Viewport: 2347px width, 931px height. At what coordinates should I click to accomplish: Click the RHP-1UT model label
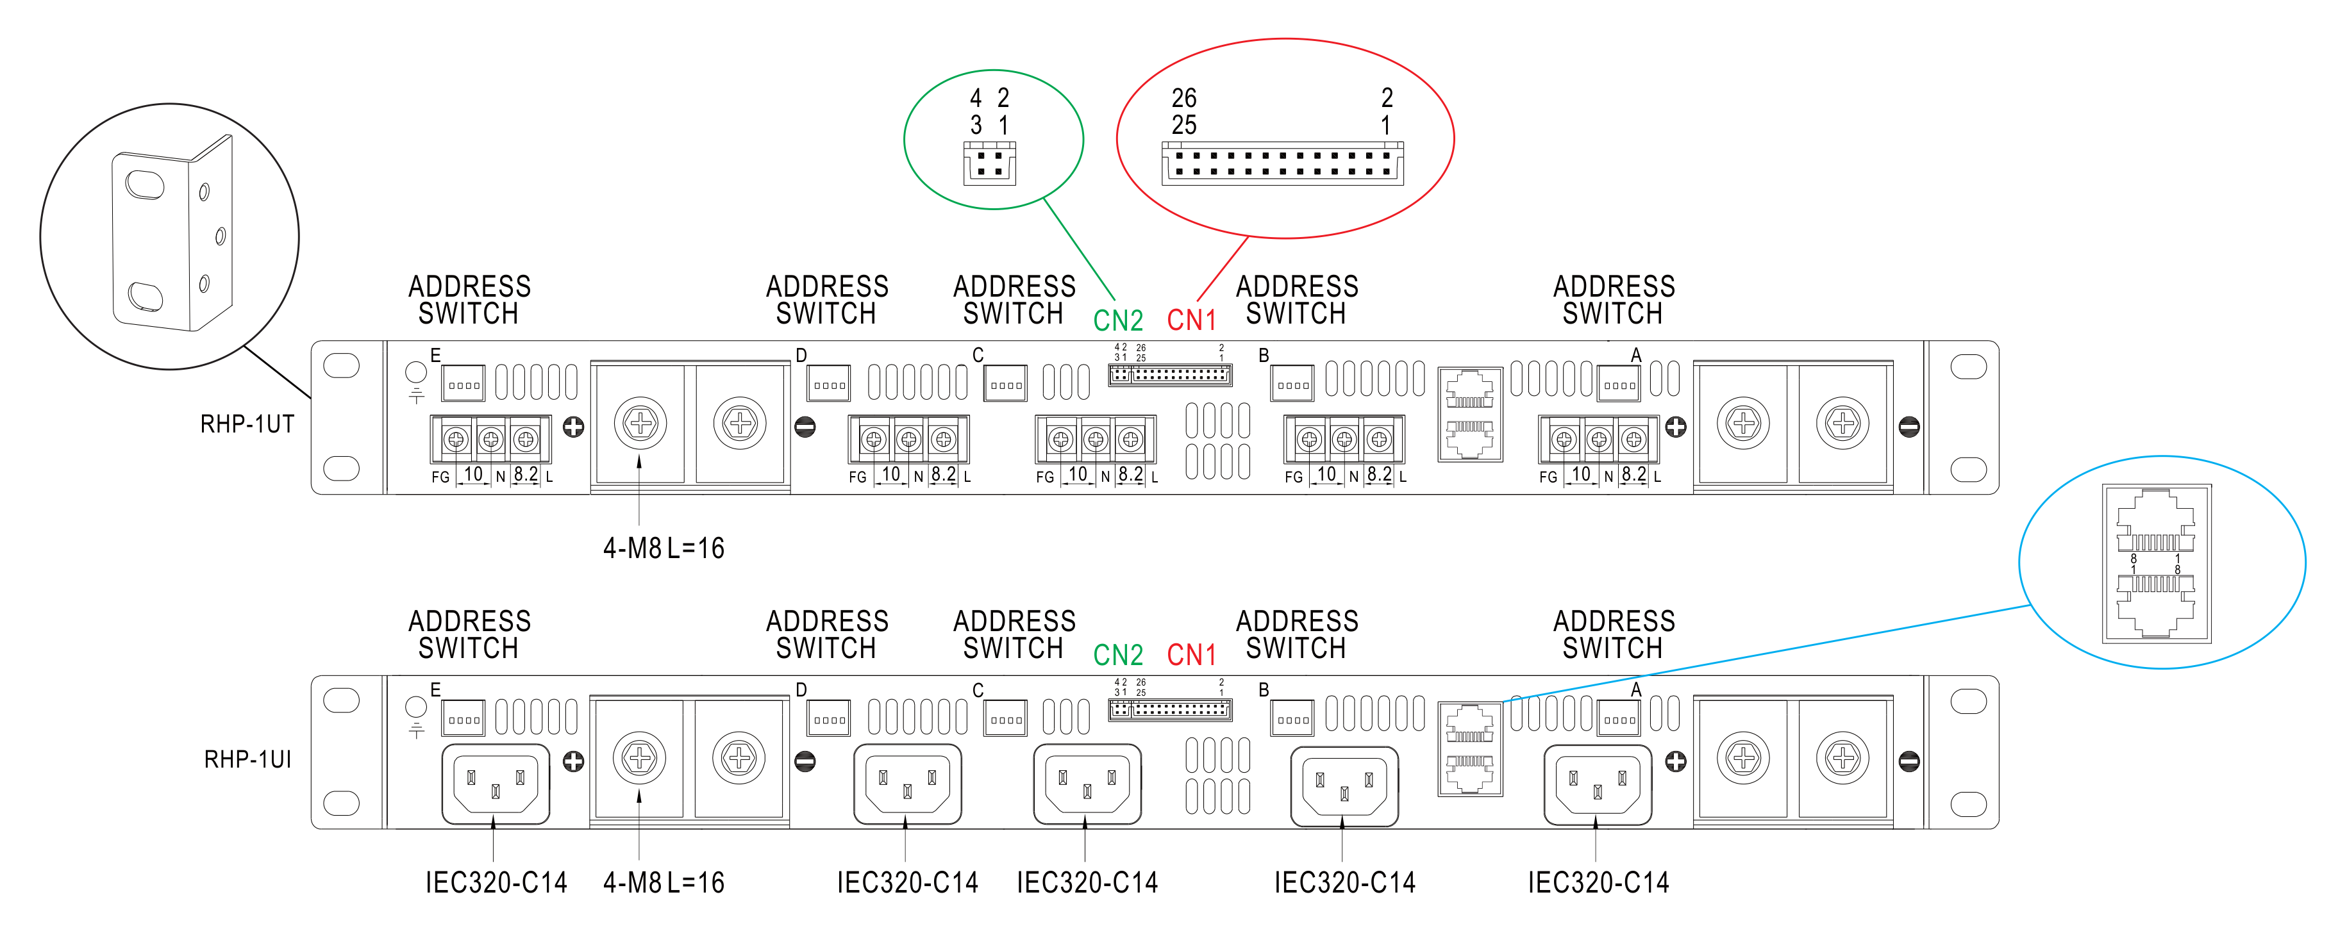pos(247,425)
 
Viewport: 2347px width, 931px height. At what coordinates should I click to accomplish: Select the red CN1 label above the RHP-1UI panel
pos(1191,655)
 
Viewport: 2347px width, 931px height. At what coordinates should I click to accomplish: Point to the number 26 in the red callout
pos(1183,97)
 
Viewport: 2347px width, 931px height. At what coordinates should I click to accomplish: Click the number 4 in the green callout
pos(976,97)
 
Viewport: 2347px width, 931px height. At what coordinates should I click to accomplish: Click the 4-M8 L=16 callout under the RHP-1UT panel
pos(664,548)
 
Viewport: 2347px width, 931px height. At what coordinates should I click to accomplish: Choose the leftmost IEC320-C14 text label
pos(496,883)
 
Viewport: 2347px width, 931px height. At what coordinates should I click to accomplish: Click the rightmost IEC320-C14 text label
pos(1598,883)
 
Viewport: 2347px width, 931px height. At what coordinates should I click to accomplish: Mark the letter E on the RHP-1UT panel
pos(435,355)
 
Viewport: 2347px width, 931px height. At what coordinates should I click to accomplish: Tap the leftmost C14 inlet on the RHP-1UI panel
pos(496,784)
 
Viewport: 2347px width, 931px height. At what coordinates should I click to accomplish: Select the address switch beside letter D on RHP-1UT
pos(828,384)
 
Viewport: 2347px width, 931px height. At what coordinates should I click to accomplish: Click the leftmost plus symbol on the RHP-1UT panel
pos(573,426)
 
